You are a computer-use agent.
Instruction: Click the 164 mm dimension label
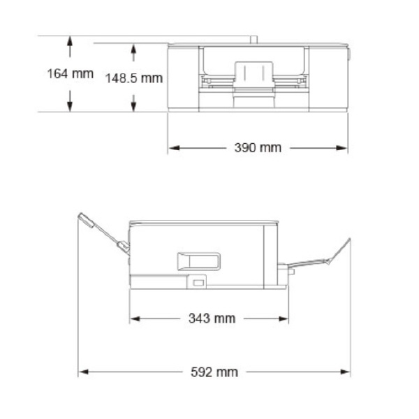(71, 74)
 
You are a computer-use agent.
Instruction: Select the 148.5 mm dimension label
(134, 78)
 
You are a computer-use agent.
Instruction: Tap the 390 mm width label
(258, 148)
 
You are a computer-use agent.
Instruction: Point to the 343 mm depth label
(212, 318)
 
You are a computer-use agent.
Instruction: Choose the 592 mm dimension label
(214, 372)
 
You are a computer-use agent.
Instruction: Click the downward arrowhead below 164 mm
(70, 106)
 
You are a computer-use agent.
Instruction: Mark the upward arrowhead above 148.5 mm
(134, 48)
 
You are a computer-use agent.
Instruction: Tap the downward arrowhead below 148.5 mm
(134, 107)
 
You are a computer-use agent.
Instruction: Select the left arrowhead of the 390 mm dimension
(174, 148)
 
